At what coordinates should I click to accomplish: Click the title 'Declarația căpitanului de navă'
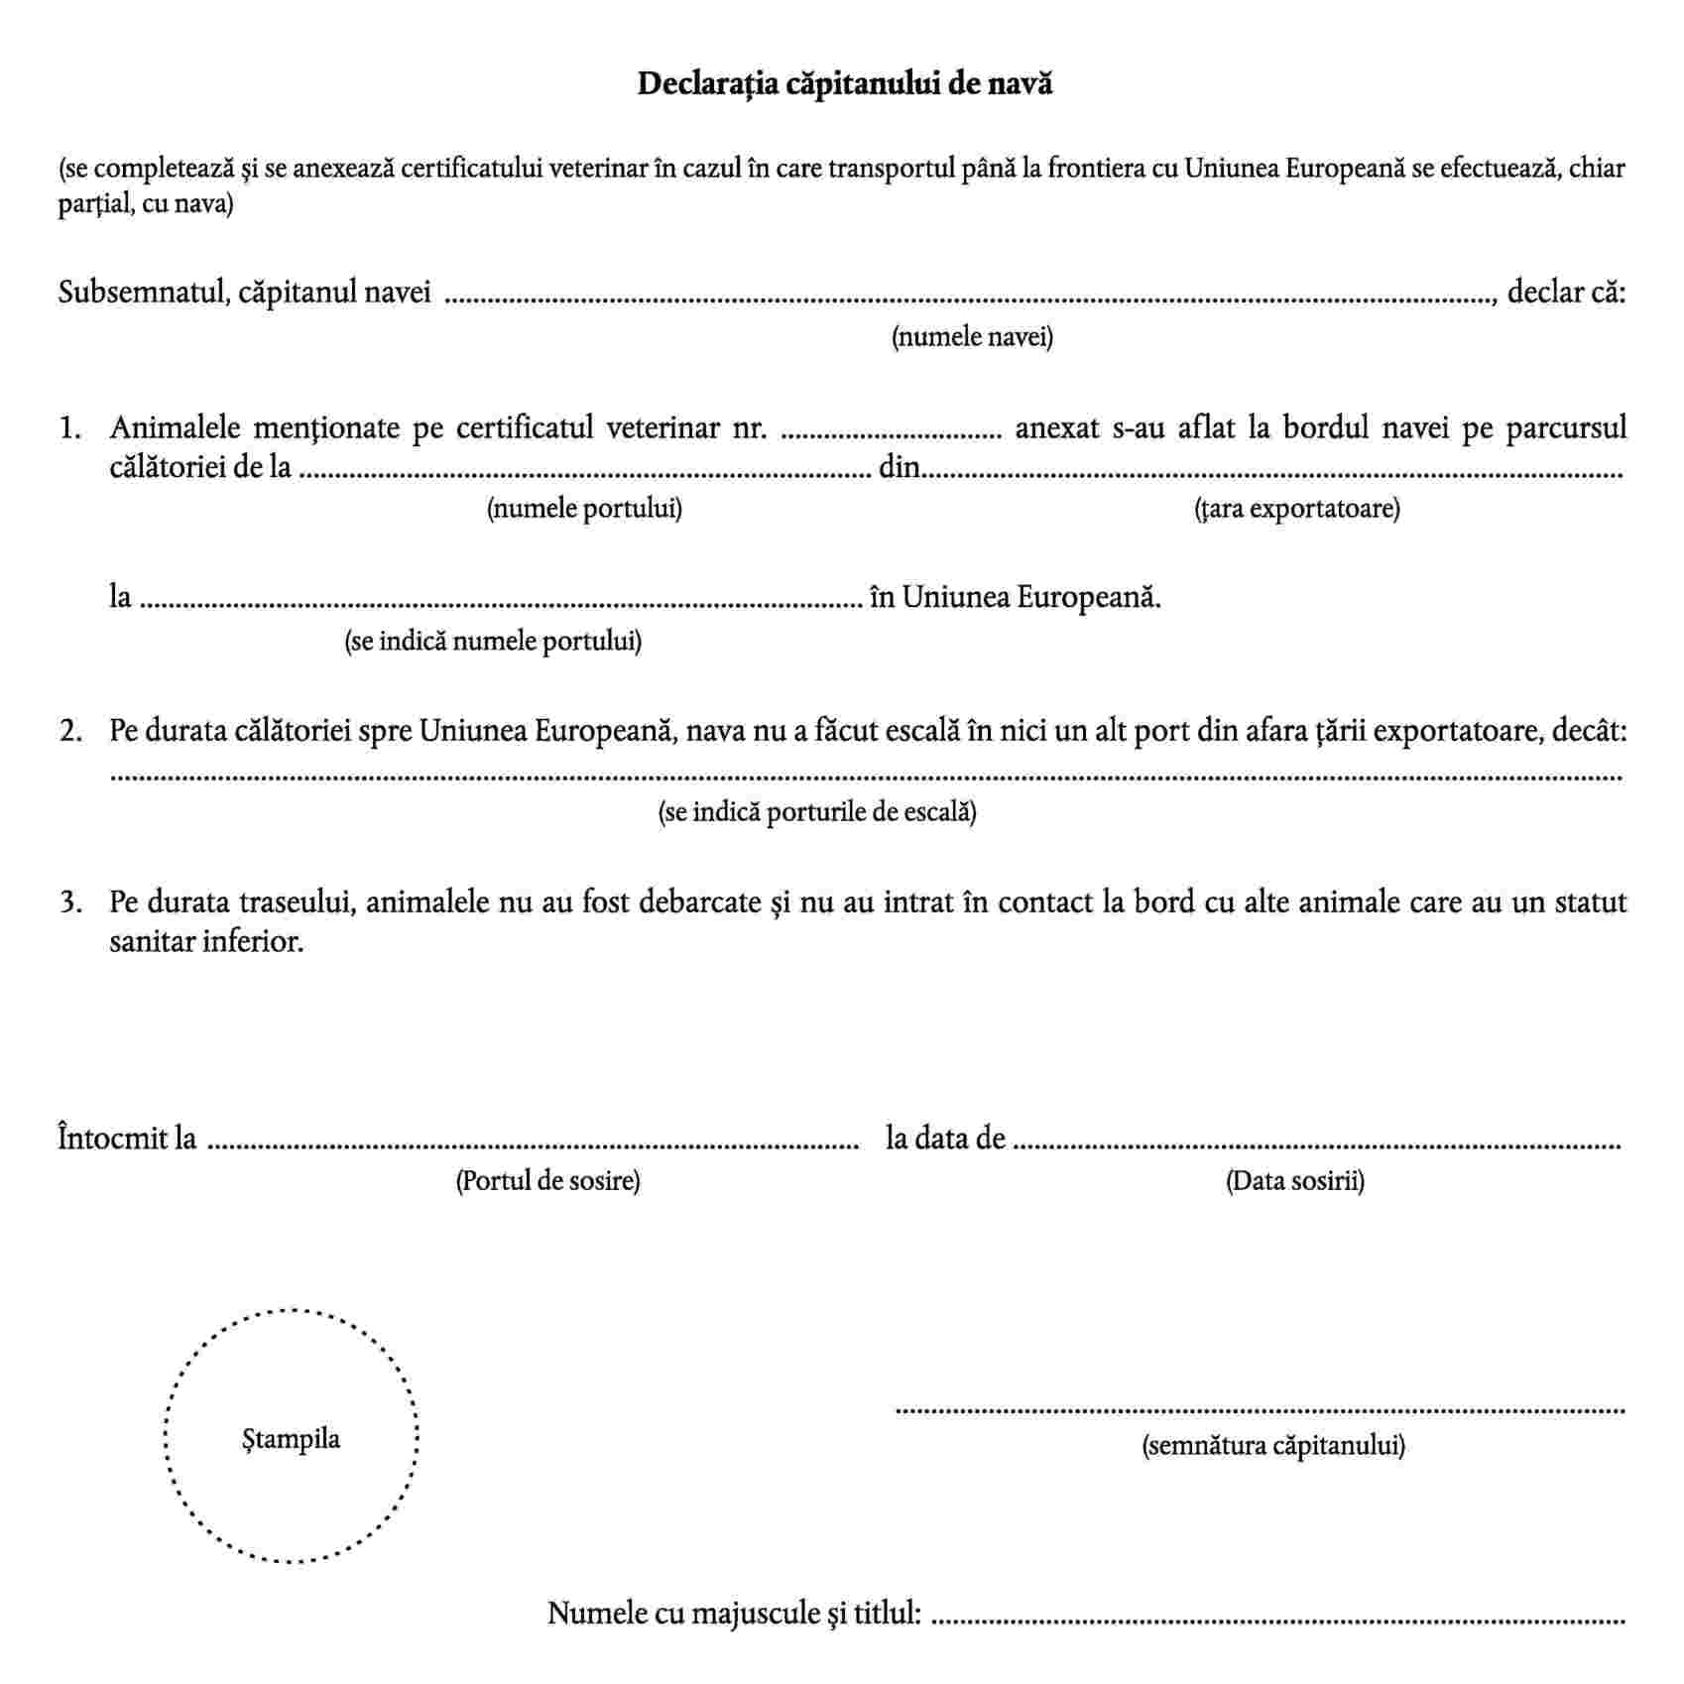point(844,84)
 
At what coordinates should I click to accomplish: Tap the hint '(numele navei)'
point(972,337)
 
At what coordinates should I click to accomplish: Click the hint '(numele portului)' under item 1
point(584,509)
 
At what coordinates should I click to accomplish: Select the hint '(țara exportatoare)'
point(1296,509)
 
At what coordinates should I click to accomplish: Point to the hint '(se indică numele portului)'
point(493,642)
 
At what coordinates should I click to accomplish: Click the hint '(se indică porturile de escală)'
point(817,812)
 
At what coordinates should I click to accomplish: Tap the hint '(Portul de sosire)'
point(547,1181)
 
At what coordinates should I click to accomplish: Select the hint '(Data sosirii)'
point(1294,1181)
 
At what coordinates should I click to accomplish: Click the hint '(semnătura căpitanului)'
point(1273,1445)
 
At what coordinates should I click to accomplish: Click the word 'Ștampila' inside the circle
point(291,1438)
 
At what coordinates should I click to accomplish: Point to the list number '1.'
point(70,428)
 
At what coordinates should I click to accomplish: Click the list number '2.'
point(70,732)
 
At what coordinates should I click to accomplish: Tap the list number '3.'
point(70,902)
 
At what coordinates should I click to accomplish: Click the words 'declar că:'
point(1566,293)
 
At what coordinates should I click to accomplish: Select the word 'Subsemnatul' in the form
point(141,294)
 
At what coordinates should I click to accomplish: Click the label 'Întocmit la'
point(127,1138)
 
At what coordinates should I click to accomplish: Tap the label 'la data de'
point(945,1138)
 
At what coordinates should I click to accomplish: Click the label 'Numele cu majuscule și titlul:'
point(735,1614)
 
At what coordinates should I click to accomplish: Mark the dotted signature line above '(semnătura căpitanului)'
point(1260,1409)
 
